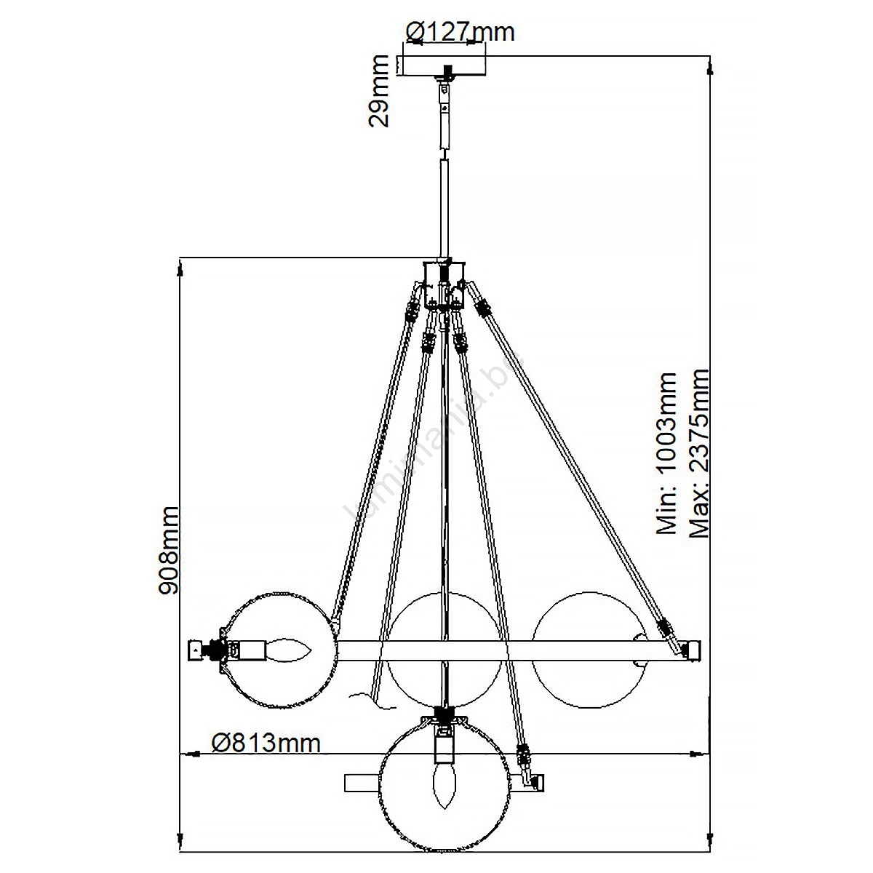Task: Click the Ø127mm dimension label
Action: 460,32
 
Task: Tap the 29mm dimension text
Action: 379,91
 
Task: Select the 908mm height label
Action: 170,551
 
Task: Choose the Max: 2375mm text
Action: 698,453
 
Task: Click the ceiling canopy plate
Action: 442,65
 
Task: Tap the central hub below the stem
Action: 444,283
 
